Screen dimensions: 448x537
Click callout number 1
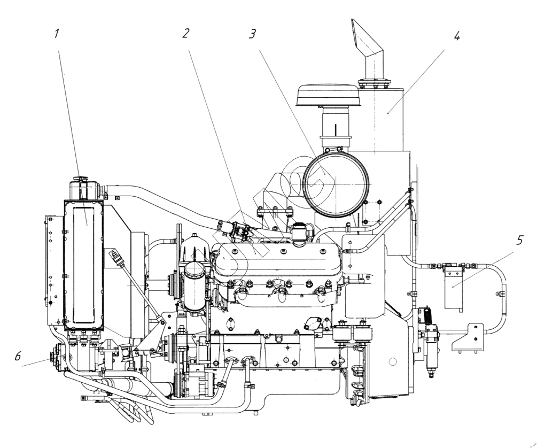56,34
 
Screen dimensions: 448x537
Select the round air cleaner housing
336,183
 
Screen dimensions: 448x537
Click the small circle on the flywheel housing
393,362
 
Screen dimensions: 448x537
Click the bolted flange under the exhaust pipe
376,84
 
